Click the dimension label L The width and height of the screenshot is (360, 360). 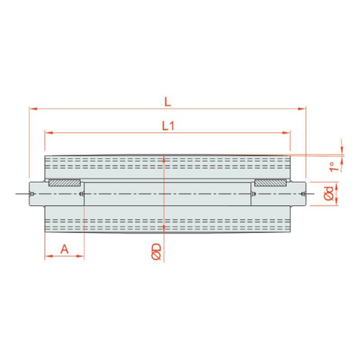pos(167,102)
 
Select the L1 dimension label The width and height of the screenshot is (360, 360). pos(169,126)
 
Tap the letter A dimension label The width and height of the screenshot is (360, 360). pos(65,249)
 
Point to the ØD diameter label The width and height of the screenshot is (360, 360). pos(156,252)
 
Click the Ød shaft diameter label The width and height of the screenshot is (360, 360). pos(329,193)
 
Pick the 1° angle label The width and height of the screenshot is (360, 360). pos(335,167)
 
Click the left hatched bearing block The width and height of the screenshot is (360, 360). pos(65,183)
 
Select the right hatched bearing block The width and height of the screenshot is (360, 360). pos(271,183)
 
